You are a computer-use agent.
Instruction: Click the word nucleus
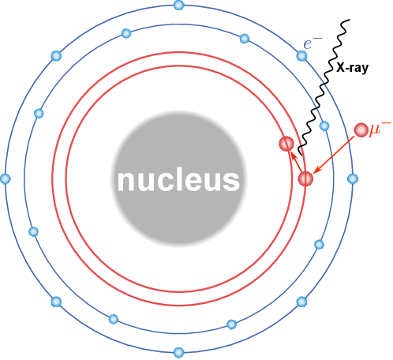[x=178, y=180]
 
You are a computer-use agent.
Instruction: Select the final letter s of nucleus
[x=231, y=181]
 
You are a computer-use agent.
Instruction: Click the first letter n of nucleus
[x=125, y=181]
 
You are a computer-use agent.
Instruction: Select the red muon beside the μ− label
[x=361, y=130]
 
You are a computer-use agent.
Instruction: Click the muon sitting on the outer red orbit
[x=305, y=179]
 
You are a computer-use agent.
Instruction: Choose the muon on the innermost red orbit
[x=286, y=144]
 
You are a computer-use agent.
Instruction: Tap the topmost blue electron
[x=178, y=6]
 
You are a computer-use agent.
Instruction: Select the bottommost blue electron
[x=178, y=352]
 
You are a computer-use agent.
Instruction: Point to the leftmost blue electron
[x=6, y=178]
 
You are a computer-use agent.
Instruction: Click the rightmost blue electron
[x=353, y=179]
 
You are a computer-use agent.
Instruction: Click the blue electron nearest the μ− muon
[x=324, y=126]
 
